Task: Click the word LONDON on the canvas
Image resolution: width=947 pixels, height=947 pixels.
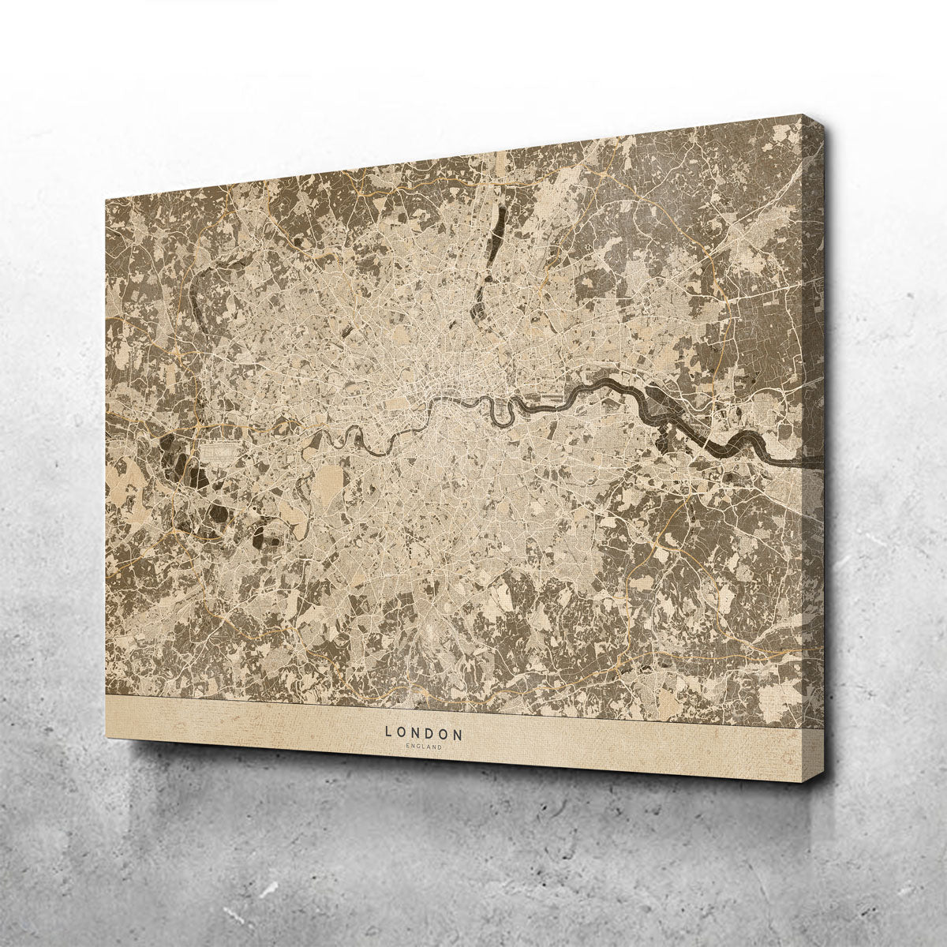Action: click(x=424, y=731)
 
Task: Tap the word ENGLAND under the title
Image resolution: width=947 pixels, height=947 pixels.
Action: click(x=425, y=746)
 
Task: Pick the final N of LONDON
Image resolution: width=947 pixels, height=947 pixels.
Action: click(x=459, y=732)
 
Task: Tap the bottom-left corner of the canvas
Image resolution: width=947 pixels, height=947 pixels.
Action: click(x=106, y=735)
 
